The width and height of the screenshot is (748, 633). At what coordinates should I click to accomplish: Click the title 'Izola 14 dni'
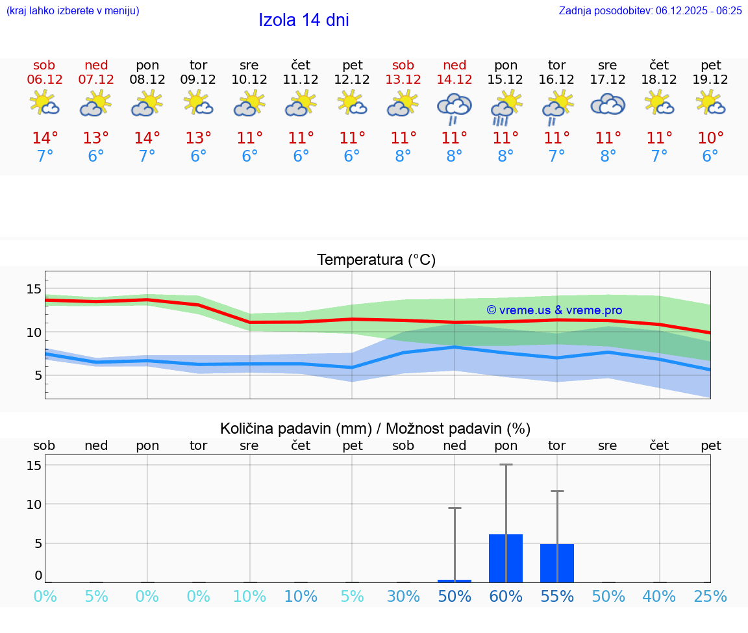coord(303,20)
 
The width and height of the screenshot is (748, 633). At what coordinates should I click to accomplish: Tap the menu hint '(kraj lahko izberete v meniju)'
coord(72,10)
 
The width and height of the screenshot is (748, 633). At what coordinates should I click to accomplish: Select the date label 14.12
coord(455,80)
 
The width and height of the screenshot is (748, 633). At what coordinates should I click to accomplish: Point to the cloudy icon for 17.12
coord(608,105)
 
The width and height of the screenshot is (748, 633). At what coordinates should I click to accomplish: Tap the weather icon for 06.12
coord(44,104)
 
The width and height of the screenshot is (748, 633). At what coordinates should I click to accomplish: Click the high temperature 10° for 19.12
coord(710,138)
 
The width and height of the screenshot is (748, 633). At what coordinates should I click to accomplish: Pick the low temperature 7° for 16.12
coord(556,156)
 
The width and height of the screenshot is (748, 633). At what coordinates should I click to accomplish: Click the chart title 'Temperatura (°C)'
coord(376,260)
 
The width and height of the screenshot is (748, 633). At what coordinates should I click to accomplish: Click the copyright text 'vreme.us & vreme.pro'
coord(554,310)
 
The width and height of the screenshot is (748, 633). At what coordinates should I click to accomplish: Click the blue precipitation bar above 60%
coord(506,558)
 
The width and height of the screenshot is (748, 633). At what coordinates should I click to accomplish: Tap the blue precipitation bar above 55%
coord(557,563)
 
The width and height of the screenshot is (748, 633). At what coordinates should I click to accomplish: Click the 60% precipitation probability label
coord(506,596)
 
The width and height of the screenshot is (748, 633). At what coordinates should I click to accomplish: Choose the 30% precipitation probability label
coord(403,596)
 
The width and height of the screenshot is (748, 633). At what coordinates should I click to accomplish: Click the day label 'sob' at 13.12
coord(403,65)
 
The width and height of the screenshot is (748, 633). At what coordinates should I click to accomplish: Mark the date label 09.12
coord(198,80)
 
